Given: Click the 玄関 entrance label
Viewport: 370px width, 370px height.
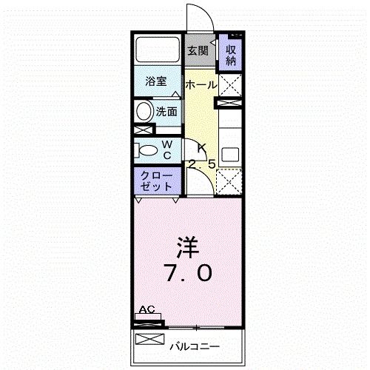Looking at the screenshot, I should tap(197, 51).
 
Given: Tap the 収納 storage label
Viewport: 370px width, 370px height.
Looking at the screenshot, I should tap(231, 53).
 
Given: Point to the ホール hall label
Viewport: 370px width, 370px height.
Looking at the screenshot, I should tap(201, 85).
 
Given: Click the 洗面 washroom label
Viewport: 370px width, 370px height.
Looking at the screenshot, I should tap(166, 112).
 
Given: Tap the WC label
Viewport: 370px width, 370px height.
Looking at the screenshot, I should tap(167, 149).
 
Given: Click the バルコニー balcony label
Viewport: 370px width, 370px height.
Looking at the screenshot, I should tap(195, 346).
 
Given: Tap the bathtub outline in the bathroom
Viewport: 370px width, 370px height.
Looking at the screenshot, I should tap(157, 50).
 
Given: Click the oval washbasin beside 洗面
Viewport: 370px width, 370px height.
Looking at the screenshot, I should tap(144, 112).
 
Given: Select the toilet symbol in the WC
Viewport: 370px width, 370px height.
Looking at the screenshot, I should tap(147, 150).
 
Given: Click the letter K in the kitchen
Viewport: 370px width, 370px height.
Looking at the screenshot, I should tap(201, 147).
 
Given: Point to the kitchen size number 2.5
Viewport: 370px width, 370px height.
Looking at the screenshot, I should tap(201, 164).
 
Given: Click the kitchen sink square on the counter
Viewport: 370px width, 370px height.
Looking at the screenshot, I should tap(231, 158).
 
